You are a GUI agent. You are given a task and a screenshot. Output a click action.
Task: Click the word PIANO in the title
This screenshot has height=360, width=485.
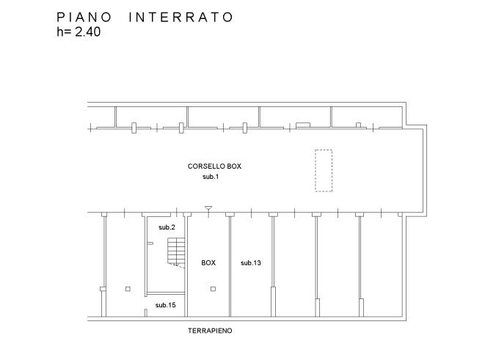coord(84,18)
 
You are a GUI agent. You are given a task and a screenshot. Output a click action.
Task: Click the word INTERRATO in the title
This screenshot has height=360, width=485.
coord(181,18)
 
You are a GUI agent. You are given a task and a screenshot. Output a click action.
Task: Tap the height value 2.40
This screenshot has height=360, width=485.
coord(88,32)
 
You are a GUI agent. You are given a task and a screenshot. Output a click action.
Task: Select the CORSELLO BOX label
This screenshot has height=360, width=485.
coord(214,166)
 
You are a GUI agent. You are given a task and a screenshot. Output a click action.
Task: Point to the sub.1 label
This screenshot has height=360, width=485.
coord(211,177)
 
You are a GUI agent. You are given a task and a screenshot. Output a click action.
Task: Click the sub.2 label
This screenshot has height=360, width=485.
coord(167,227)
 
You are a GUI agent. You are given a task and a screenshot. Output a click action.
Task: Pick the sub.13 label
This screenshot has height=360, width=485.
coord(251,263)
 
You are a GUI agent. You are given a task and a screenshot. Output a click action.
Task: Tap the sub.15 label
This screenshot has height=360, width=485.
coord(166,305)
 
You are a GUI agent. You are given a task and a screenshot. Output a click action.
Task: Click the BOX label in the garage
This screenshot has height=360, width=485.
coord(208,263)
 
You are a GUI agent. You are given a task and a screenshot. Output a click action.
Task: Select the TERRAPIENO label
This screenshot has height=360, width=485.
coord(210,331)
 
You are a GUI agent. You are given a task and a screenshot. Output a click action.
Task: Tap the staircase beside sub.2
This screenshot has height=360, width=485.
coord(176,251)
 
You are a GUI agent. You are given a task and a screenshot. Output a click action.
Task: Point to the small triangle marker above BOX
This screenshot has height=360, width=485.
coord(208,208)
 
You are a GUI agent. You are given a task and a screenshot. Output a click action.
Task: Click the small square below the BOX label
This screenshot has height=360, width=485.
coord(213,289)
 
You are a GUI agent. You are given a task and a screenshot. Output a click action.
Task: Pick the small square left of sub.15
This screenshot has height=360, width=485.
coord(128,289)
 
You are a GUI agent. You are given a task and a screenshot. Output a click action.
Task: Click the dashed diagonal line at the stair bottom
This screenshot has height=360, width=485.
coord(177,265)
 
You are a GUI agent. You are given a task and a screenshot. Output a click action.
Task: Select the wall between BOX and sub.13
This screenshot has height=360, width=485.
coord(230,266)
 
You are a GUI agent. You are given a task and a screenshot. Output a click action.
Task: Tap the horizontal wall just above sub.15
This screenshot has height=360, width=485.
coord(166,293)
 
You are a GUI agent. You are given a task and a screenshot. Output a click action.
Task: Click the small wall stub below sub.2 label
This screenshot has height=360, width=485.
coord(150,243)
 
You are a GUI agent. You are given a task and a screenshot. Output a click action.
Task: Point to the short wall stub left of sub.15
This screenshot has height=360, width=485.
coord(146,313)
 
